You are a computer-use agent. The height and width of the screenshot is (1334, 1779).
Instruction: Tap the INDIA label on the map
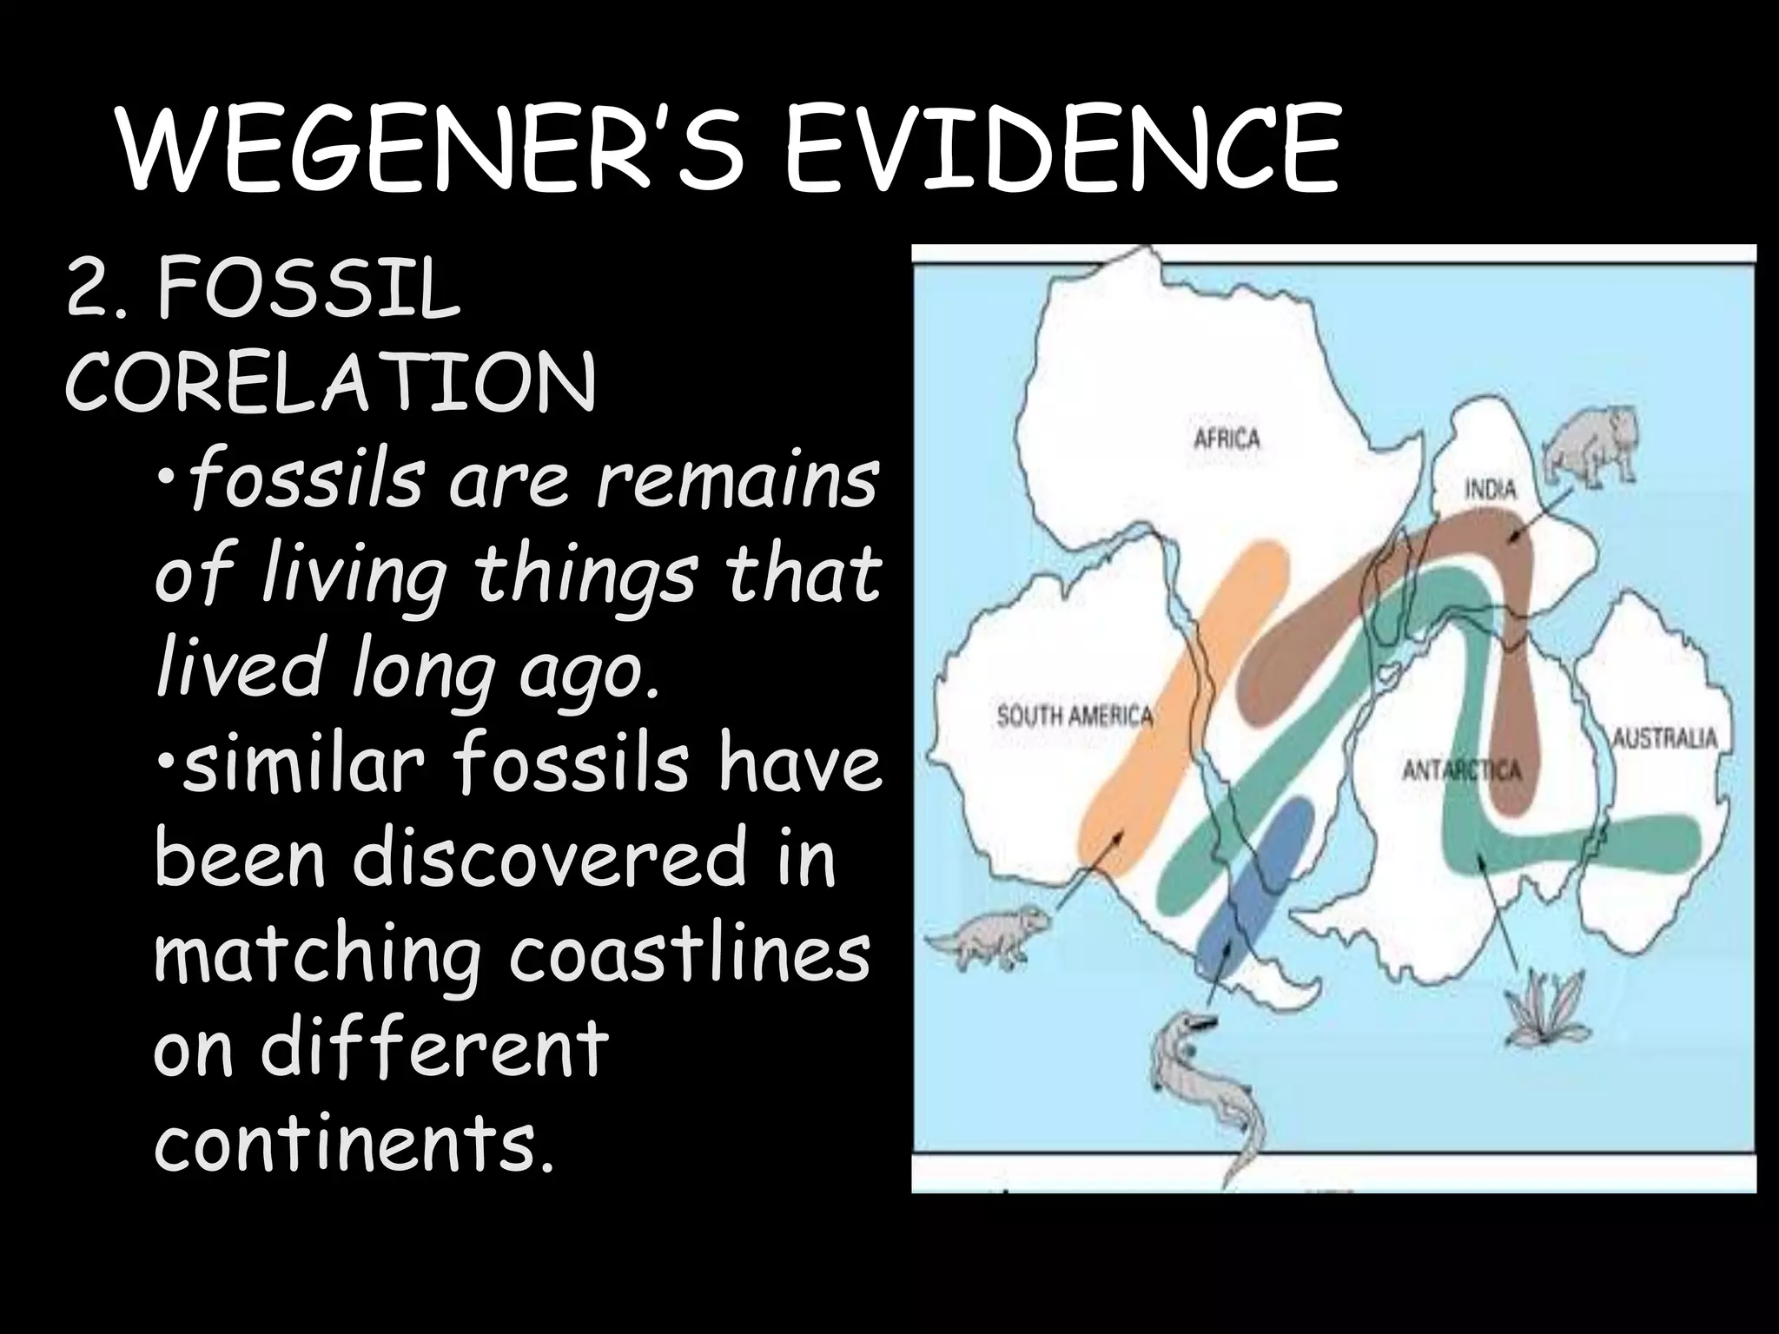[x=1491, y=489]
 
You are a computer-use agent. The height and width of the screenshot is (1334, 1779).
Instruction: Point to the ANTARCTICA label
[x=1461, y=770]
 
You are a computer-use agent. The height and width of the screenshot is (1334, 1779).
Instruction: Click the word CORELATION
[x=331, y=382]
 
